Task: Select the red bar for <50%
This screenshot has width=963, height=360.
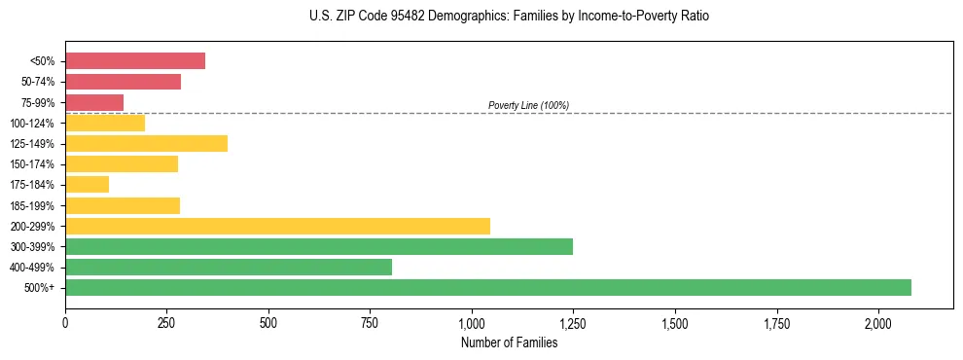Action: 135,61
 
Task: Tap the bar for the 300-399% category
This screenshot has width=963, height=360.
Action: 319,246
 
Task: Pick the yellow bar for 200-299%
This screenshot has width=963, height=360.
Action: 277,226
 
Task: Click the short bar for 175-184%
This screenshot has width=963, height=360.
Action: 87,185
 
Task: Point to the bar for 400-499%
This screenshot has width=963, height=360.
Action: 229,267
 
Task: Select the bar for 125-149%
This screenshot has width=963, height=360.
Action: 146,144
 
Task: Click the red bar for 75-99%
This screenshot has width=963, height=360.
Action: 94,102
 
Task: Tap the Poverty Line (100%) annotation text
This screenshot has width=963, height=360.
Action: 528,105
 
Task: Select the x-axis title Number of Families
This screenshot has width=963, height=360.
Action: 509,342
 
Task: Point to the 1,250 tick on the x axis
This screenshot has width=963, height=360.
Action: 573,322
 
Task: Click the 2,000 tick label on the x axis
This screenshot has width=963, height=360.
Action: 877,322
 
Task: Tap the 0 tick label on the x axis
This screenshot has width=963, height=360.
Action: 65,322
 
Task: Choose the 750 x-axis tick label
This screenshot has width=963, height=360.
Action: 370,322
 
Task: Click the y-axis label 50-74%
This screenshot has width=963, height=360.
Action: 38,82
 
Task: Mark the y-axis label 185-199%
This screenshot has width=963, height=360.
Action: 33,205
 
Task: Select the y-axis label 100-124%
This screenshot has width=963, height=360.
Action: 33,124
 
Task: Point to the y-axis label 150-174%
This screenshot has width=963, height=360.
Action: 33,164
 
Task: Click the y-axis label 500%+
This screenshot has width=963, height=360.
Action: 40,288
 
